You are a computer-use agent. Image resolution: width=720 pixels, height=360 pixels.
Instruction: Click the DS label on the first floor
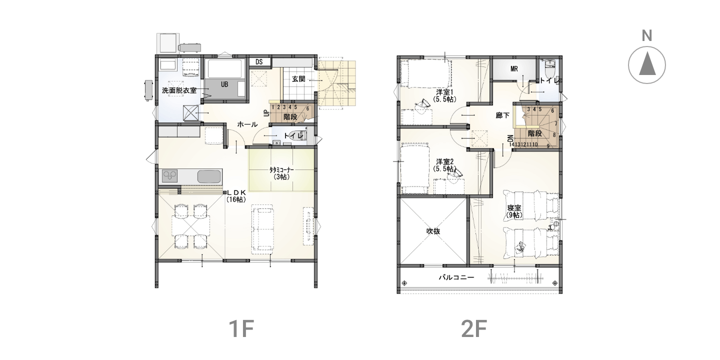pyautogui.click(x=259, y=61)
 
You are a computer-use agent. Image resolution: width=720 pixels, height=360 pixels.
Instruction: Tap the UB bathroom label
pyautogui.click(x=224, y=84)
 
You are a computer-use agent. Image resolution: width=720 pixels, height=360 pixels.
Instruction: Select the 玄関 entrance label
pyautogui.click(x=298, y=79)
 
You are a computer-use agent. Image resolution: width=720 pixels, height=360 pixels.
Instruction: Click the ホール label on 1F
pyautogui.click(x=247, y=124)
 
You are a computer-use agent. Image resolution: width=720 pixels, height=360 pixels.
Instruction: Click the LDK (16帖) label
pyautogui.click(x=236, y=196)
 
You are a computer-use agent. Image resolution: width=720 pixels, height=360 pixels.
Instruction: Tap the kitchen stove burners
pyautogui.click(x=169, y=176)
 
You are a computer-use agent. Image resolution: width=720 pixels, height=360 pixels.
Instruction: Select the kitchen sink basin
pyautogui.click(x=209, y=176)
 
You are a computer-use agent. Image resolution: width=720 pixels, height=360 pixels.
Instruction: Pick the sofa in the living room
pyautogui.click(x=263, y=228)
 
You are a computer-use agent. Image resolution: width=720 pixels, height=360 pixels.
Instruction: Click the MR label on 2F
pyautogui.click(x=514, y=69)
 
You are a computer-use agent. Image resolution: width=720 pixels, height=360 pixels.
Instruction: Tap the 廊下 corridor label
pyautogui.click(x=502, y=115)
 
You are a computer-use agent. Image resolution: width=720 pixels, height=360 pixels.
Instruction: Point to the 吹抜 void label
pyautogui.click(x=433, y=231)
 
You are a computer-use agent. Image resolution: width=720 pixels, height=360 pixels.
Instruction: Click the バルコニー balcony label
pyautogui.click(x=456, y=277)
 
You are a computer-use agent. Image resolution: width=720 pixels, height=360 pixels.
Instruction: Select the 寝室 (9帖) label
pyautogui.click(x=514, y=211)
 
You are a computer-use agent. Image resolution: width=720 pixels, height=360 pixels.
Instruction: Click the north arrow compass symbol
pyautogui.click(x=646, y=65)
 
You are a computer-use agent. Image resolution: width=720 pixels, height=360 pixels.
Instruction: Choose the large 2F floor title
pyautogui.click(x=474, y=328)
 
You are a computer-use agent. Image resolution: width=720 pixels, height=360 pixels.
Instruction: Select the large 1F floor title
pyautogui.click(x=241, y=328)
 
